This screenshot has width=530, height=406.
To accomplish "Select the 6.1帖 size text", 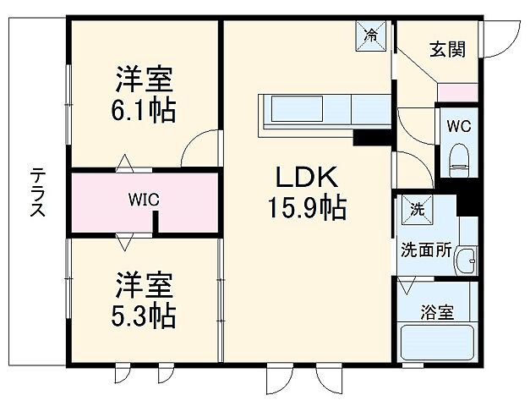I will (145, 111).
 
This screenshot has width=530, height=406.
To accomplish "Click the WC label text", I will (459, 127).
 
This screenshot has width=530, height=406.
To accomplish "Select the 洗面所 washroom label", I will (425, 251).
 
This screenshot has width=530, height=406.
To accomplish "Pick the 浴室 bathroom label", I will (437, 312).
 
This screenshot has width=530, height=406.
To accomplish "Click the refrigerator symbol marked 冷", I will (371, 36).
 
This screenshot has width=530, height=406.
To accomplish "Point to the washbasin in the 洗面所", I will (466, 263).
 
